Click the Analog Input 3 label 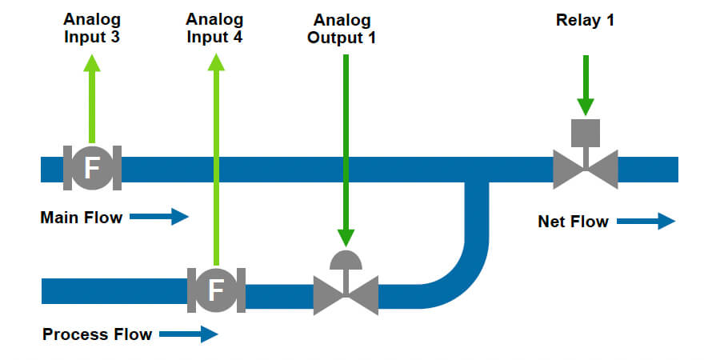point(92,27)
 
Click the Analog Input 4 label point(214,27)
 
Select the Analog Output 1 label point(342,28)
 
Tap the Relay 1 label point(585,20)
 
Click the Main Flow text point(81,217)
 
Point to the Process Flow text point(97,334)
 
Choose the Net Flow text point(573,222)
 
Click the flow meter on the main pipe point(92,168)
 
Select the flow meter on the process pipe point(215,290)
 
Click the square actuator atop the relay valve point(586,131)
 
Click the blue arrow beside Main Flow point(158,217)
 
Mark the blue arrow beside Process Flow point(188,334)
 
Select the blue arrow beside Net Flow point(646,222)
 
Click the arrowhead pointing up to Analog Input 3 point(92,63)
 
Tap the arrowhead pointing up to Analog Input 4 point(214,63)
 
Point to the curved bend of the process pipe point(460,272)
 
